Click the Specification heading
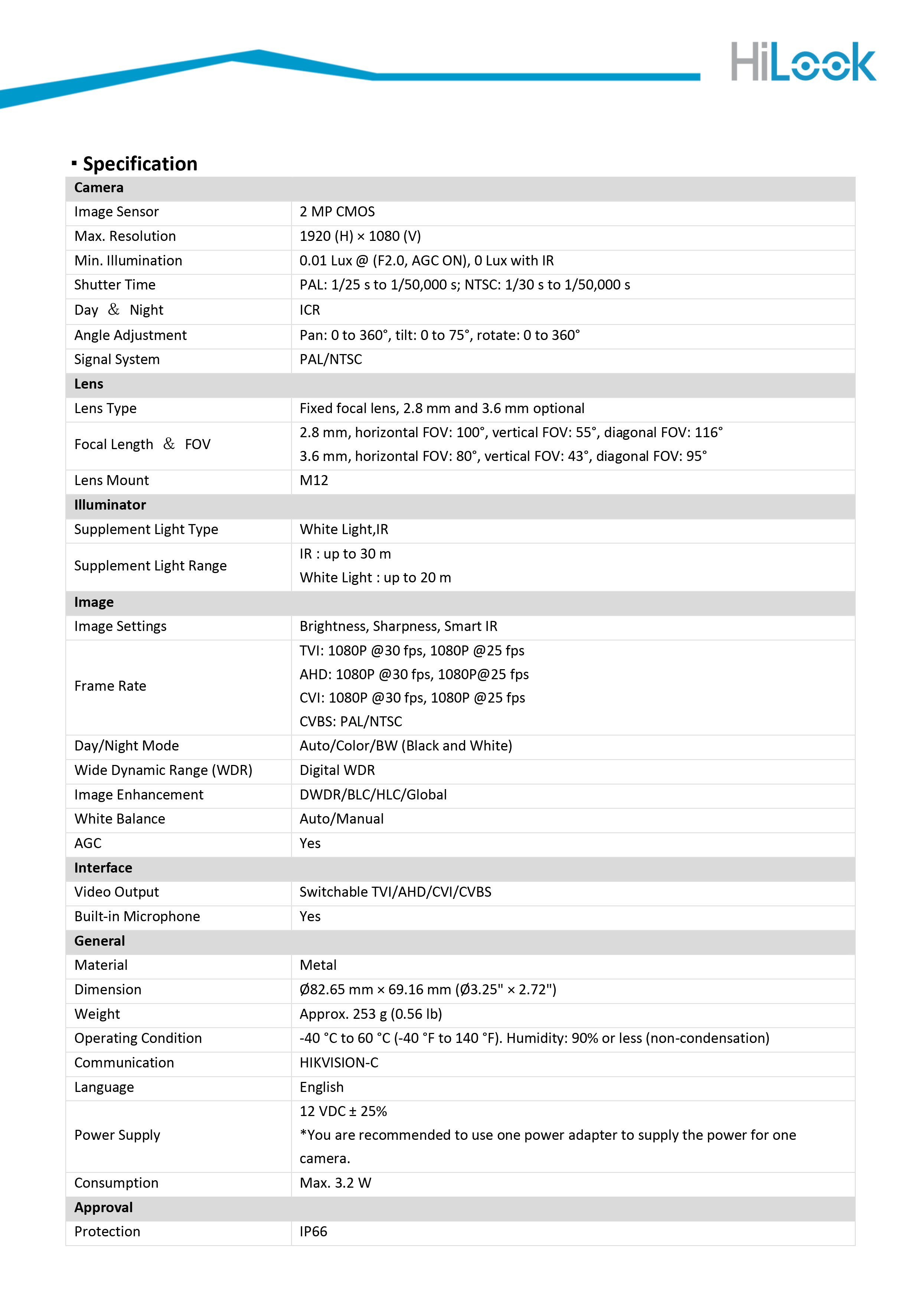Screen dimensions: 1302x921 coord(140,164)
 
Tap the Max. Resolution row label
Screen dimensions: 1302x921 coord(125,236)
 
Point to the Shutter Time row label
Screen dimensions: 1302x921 coord(115,285)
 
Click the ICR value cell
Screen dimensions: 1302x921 coord(310,310)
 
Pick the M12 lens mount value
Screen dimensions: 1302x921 coord(314,480)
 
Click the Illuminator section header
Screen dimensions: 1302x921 coord(110,505)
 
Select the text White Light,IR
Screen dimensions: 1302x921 coord(344,529)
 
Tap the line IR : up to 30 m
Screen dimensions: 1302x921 coord(345,553)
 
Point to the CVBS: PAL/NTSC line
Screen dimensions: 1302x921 coord(350,721)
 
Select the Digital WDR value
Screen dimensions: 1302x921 coord(337,770)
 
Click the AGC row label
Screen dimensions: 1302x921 coord(88,843)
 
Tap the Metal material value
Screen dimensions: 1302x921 coord(318,965)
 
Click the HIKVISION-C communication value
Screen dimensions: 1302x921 coord(339,1063)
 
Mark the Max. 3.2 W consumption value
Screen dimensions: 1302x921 coord(335,1183)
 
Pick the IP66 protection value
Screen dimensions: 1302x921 coord(313,1232)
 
